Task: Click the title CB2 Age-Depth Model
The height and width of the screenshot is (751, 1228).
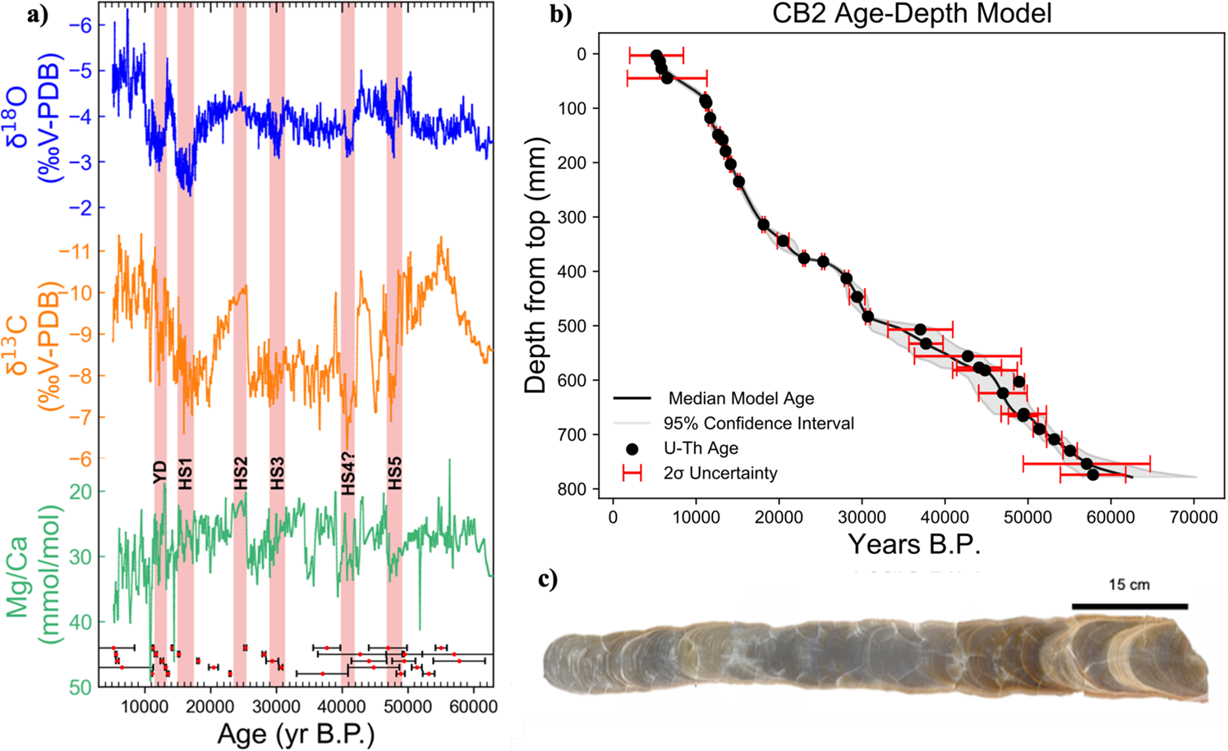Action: coord(911,14)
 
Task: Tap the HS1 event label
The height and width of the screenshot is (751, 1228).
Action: coord(186,474)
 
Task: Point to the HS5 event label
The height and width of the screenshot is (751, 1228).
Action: coord(395,474)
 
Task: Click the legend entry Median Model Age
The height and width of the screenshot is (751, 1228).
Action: coord(740,399)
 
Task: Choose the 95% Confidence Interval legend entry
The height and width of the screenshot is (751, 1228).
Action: coord(758,424)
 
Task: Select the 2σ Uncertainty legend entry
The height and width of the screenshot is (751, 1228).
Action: coord(720,474)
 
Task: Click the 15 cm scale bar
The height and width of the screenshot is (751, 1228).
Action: coord(1129,606)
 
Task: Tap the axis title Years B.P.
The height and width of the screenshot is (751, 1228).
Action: coord(914,544)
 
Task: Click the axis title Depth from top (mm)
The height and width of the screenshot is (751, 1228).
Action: coord(535,265)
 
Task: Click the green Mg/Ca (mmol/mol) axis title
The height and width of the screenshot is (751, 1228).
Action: coord(29,588)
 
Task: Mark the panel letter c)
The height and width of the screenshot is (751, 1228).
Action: coord(548,579)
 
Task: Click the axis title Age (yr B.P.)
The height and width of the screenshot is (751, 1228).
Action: coord(296,733)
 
